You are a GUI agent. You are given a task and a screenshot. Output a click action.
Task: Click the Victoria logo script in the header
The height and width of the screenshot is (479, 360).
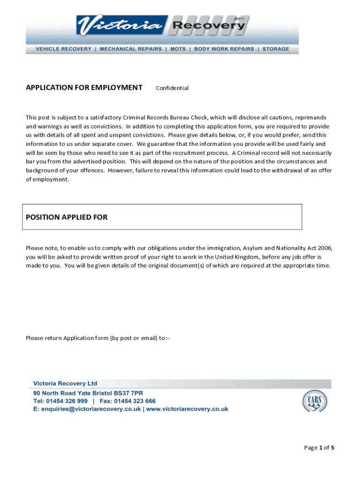pos(122,26)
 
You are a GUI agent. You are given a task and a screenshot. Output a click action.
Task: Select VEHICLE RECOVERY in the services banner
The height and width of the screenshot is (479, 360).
pos(64,49)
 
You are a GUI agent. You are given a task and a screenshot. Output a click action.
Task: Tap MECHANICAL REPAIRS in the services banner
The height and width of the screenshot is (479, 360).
pos(131,49)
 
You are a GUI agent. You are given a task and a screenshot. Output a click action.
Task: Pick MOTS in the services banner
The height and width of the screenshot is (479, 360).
pos(178,49)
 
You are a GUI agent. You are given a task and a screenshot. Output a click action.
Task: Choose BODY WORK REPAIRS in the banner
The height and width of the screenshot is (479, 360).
pos(224,49)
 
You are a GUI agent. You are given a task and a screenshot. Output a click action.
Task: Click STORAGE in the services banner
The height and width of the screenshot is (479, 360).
pos(276,49)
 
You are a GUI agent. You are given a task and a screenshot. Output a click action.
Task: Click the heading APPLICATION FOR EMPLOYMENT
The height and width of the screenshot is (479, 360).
pos(84,87)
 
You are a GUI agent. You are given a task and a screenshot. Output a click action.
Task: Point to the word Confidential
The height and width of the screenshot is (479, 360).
pos(172,88)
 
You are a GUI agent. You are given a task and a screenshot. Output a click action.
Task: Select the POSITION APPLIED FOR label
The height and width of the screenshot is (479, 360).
pos(66,217)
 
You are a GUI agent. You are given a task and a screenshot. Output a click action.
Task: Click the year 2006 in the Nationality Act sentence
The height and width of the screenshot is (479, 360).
pos(324,248)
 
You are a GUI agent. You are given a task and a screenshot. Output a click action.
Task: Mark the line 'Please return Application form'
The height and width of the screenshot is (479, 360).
pos(97,338)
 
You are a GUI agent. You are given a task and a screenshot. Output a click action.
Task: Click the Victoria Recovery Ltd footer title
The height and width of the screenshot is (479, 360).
pos(65,384)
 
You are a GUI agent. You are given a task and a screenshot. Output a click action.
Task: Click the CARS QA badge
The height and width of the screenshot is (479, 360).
pos(314,401)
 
